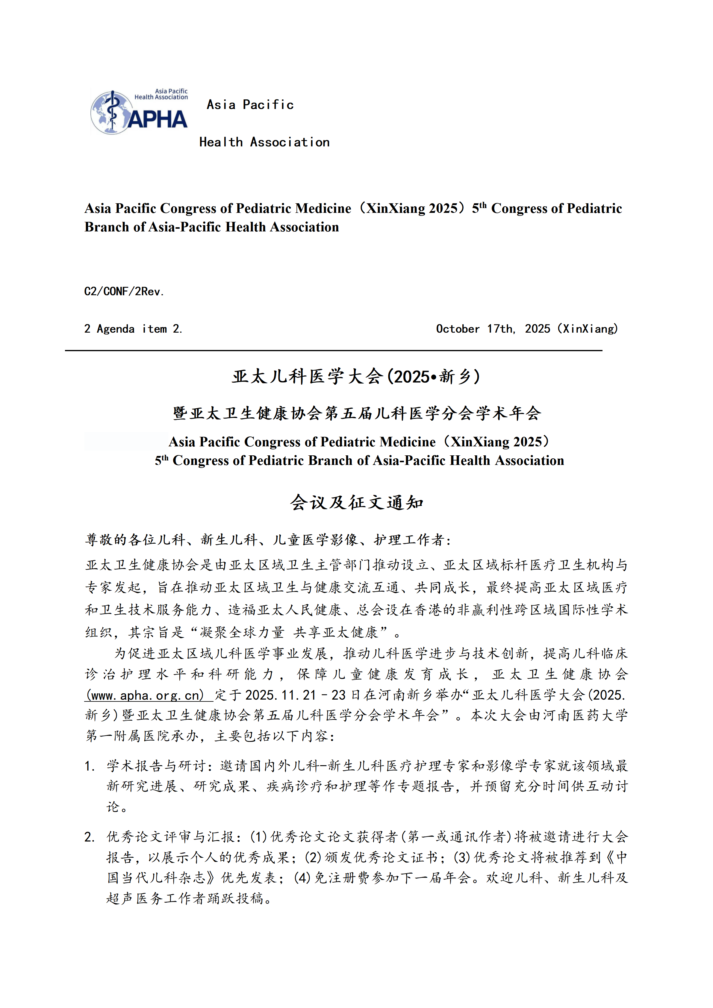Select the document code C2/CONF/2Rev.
(124, 292)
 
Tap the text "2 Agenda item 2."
(133, 329)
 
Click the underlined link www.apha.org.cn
(145, 695)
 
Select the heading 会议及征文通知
(356, 503)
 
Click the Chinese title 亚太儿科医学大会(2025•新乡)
(356, 377)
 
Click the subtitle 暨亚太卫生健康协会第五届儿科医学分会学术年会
(356, 413)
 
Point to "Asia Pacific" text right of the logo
(250, 105)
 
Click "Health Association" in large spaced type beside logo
(264, 142)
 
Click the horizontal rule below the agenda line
(334, 350)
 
